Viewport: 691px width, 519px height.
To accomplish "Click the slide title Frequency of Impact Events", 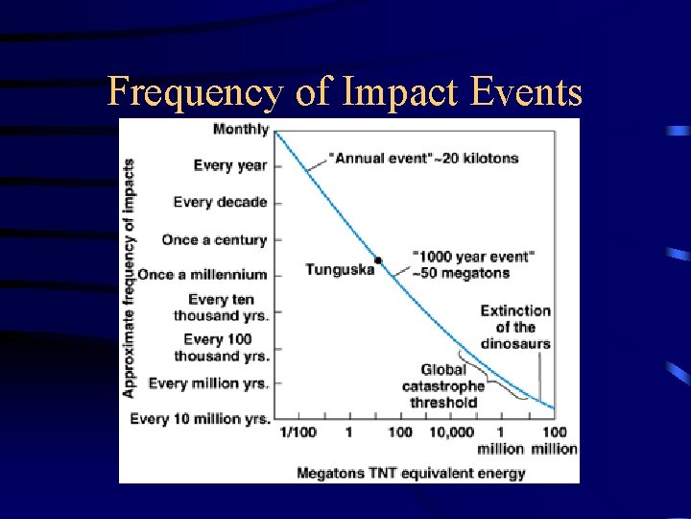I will coord(345,91).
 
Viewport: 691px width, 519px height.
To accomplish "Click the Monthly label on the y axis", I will coord(240,130).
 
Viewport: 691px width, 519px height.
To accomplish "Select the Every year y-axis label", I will coord(229,165).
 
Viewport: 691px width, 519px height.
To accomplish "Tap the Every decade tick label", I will coord(220,202).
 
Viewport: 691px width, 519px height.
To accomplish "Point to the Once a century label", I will coord(214,238).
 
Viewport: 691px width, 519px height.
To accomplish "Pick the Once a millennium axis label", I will coord(202,275).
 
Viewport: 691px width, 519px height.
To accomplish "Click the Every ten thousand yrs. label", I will coord(221,308).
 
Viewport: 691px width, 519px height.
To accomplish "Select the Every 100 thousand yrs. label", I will coord(221,347).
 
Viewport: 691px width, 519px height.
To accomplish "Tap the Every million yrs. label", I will coord(208,383).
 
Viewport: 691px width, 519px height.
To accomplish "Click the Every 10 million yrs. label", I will coord(199,419).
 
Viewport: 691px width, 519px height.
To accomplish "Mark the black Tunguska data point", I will coord(378,260).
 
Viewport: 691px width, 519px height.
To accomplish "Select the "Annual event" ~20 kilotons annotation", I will coord(423,159).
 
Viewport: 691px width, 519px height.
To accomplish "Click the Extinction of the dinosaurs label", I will coord(515,327).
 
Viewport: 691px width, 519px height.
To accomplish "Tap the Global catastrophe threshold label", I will coord(442,385).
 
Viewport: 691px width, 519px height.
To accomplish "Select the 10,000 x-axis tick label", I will coord(451,432).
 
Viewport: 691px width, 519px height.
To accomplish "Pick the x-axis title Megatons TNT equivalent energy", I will coord(411,473).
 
